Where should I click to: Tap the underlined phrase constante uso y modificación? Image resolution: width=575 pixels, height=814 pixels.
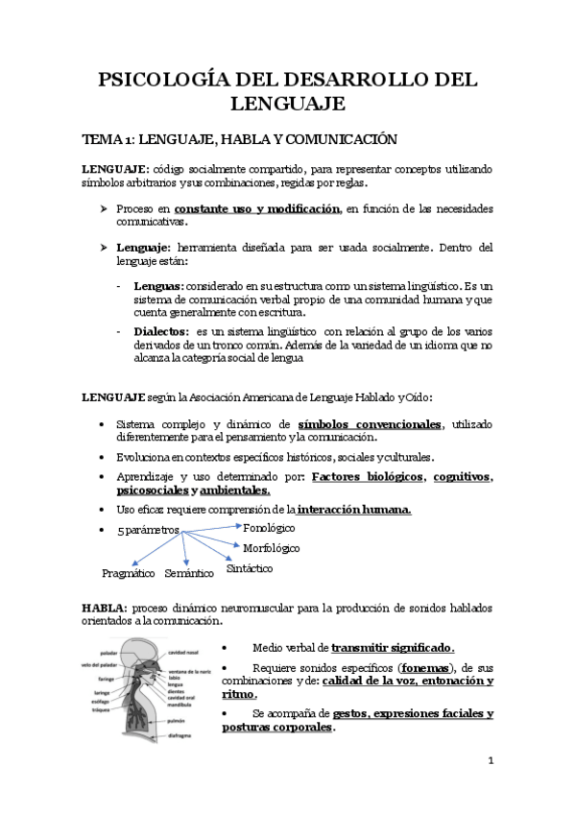(257, 208)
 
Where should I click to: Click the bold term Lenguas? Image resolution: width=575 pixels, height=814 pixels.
(157, 287)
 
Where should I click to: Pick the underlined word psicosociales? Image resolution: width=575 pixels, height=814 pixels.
(144, 490)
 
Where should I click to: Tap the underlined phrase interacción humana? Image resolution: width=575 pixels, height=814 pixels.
(354, 509)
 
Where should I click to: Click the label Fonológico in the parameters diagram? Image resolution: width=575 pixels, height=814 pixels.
(269, 528)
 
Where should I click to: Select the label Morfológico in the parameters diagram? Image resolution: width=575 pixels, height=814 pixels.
(273, 548)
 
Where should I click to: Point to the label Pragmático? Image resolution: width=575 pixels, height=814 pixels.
(129, 573)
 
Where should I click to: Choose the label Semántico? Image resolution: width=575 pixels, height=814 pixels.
(189, 573)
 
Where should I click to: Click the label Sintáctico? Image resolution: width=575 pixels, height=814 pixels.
(250, 568)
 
